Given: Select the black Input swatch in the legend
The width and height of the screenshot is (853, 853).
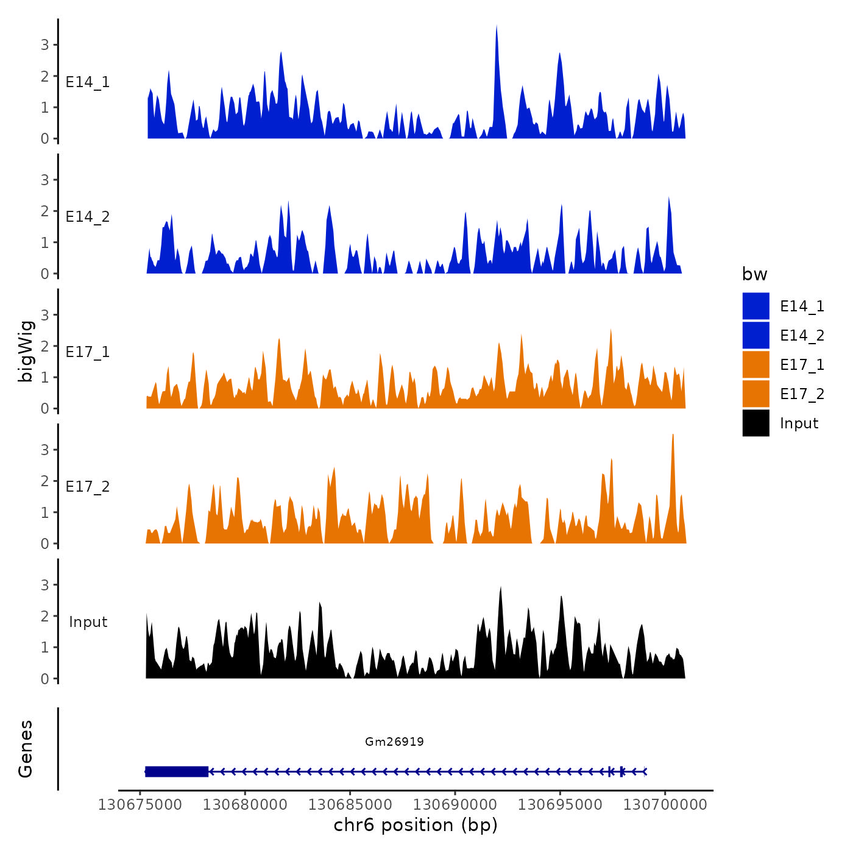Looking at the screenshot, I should (x=756, y=423).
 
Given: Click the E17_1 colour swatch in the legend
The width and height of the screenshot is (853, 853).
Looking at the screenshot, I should (x=756, y=364).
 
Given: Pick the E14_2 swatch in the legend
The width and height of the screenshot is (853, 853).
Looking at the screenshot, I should (x=756, y=335).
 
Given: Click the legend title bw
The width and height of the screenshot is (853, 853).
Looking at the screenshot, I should (x=754, y=274).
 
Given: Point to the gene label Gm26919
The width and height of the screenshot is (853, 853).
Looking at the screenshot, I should (x=394, y=742).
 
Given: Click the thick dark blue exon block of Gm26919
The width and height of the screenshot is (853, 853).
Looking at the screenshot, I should (x=177, y=771).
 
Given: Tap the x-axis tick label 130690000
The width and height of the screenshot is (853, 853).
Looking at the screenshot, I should (x=455, y=804).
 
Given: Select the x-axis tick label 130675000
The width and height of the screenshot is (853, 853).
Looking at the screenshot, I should (x=140, y=804).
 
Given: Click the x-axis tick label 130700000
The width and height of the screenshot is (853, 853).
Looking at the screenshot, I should (x=665, y=804).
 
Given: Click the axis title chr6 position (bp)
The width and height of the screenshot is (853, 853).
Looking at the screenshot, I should (x=416, y=825).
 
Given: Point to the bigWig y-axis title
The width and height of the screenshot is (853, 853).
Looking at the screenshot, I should (x=26, y=351).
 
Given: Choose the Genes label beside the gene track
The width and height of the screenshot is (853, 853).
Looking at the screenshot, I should (x=26, y=749).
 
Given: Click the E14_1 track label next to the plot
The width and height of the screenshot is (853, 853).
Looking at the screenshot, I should (x=88, y=82).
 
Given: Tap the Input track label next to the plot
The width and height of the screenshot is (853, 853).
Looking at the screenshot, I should (x=88, y=622).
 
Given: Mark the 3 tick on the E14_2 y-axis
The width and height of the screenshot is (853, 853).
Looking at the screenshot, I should (x=45, y=180).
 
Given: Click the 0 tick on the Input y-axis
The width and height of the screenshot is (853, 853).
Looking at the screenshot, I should (x=45, y=679).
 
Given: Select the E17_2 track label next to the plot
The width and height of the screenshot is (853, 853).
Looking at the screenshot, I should (x=88, y=487).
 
